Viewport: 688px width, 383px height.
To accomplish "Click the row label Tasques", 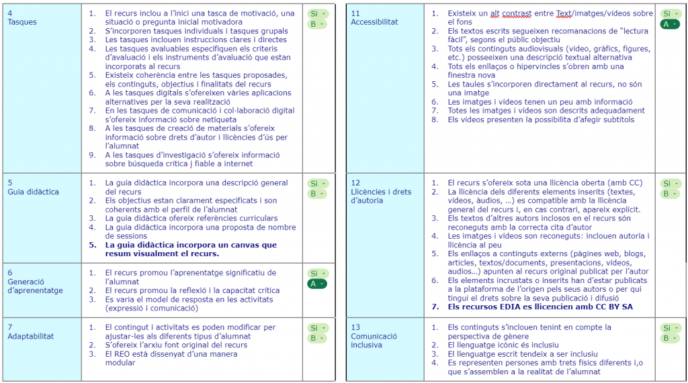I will pyautogui.click(x=22, y=22).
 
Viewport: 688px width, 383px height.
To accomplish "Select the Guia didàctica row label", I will pyautogui.click(x=33, y=192).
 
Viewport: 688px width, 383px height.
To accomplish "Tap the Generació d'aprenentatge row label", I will pyautogui.click(x=35, y=286).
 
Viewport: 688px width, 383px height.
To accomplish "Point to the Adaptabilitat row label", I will pyautogui.click(x=31, y=336).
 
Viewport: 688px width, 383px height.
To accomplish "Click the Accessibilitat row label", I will pyautogui.click(x=374, y=22).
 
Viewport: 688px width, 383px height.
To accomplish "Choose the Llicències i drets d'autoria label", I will pyautogui.click(x=381, y=196).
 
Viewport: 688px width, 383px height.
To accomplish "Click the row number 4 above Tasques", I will pyautogui.click(x=10, y=13).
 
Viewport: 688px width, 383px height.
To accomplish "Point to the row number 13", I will pyautogui.click(x=355, y=327).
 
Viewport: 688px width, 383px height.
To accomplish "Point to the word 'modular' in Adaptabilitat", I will pyautogui.click(x=120, y=363).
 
